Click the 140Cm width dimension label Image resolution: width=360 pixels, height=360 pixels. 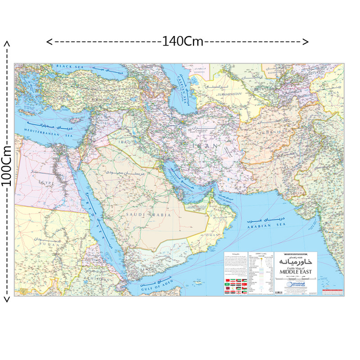(182, 42)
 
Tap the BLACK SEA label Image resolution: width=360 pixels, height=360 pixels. (70, 67)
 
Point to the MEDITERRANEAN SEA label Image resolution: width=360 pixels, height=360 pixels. (44, 134)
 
